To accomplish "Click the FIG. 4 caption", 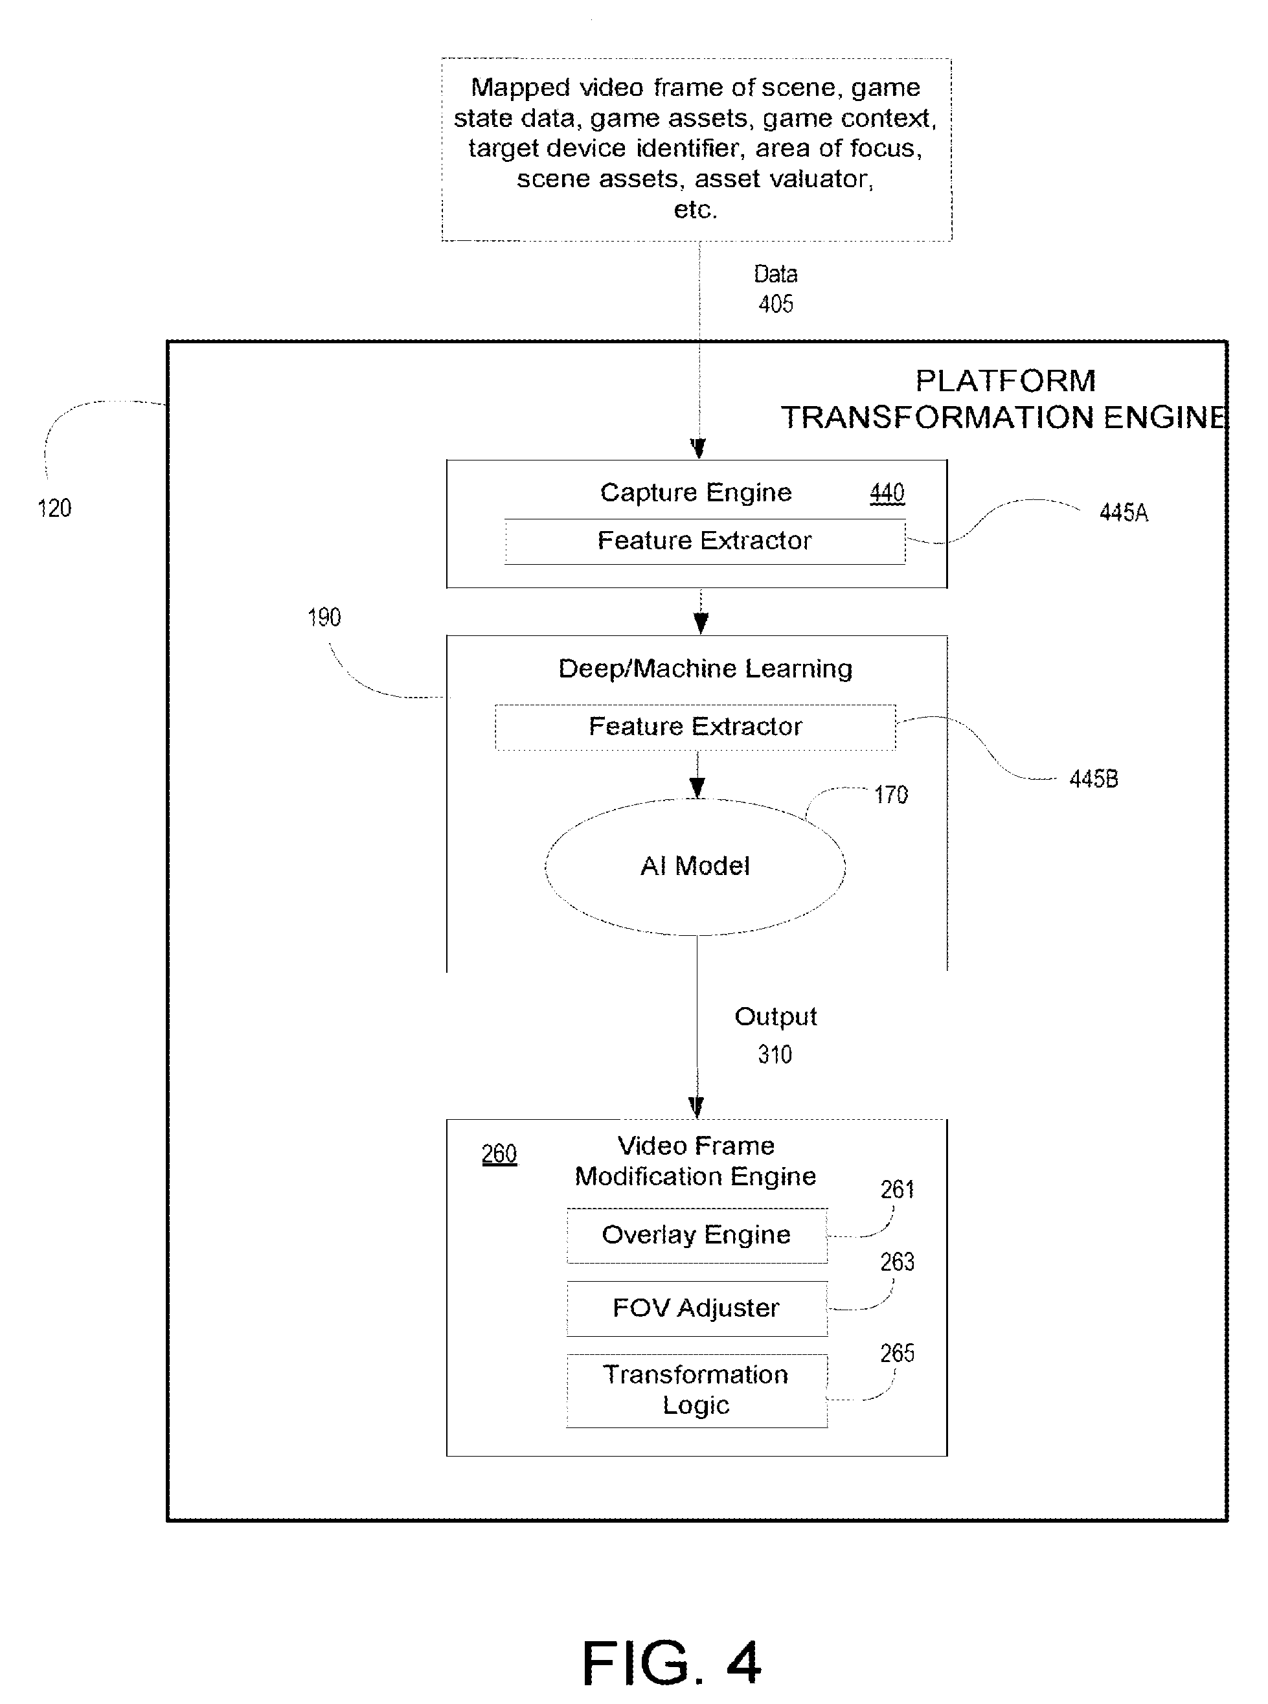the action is (x=672, y=1663).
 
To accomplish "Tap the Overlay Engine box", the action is (x=697, y=1235).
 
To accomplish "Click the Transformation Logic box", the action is (x=697, y=1390).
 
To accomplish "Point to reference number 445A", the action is (x=1124, y=513).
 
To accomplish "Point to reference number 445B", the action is (x=1094, y=779).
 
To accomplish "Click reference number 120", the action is (x=54, y=508).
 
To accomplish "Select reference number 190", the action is (x=324, y=617).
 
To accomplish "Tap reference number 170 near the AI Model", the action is (x=891, y=795).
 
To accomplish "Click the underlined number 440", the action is (x=887, y=493).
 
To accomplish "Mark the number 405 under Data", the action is (x=776, y=304).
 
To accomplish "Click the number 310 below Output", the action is (x=775, y=1054).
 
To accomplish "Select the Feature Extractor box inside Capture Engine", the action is (x=705, y=541).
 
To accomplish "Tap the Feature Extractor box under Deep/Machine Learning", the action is (x=696, y=727).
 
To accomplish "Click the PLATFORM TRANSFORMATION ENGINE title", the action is (x=1004, y=399).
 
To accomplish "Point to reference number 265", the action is (x=898, y=1352).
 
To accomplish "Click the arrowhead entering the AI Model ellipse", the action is (x=697, y=788).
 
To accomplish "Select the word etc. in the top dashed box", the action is (x=696, y=210).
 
